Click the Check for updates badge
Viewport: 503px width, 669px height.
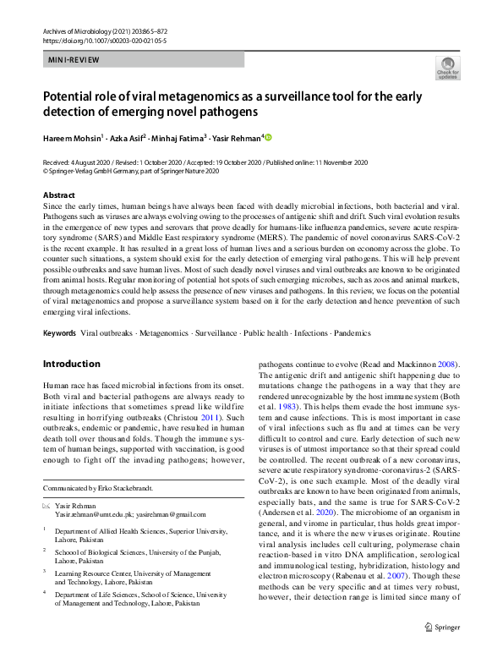(x=447, y=67)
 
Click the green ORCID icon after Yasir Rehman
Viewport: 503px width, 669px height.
(x=270, y=137)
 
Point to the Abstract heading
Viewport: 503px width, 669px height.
(x=57, y=195)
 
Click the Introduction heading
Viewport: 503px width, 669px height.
(x=72, y=364)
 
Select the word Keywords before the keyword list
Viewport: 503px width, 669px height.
(x=59, y=333)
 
